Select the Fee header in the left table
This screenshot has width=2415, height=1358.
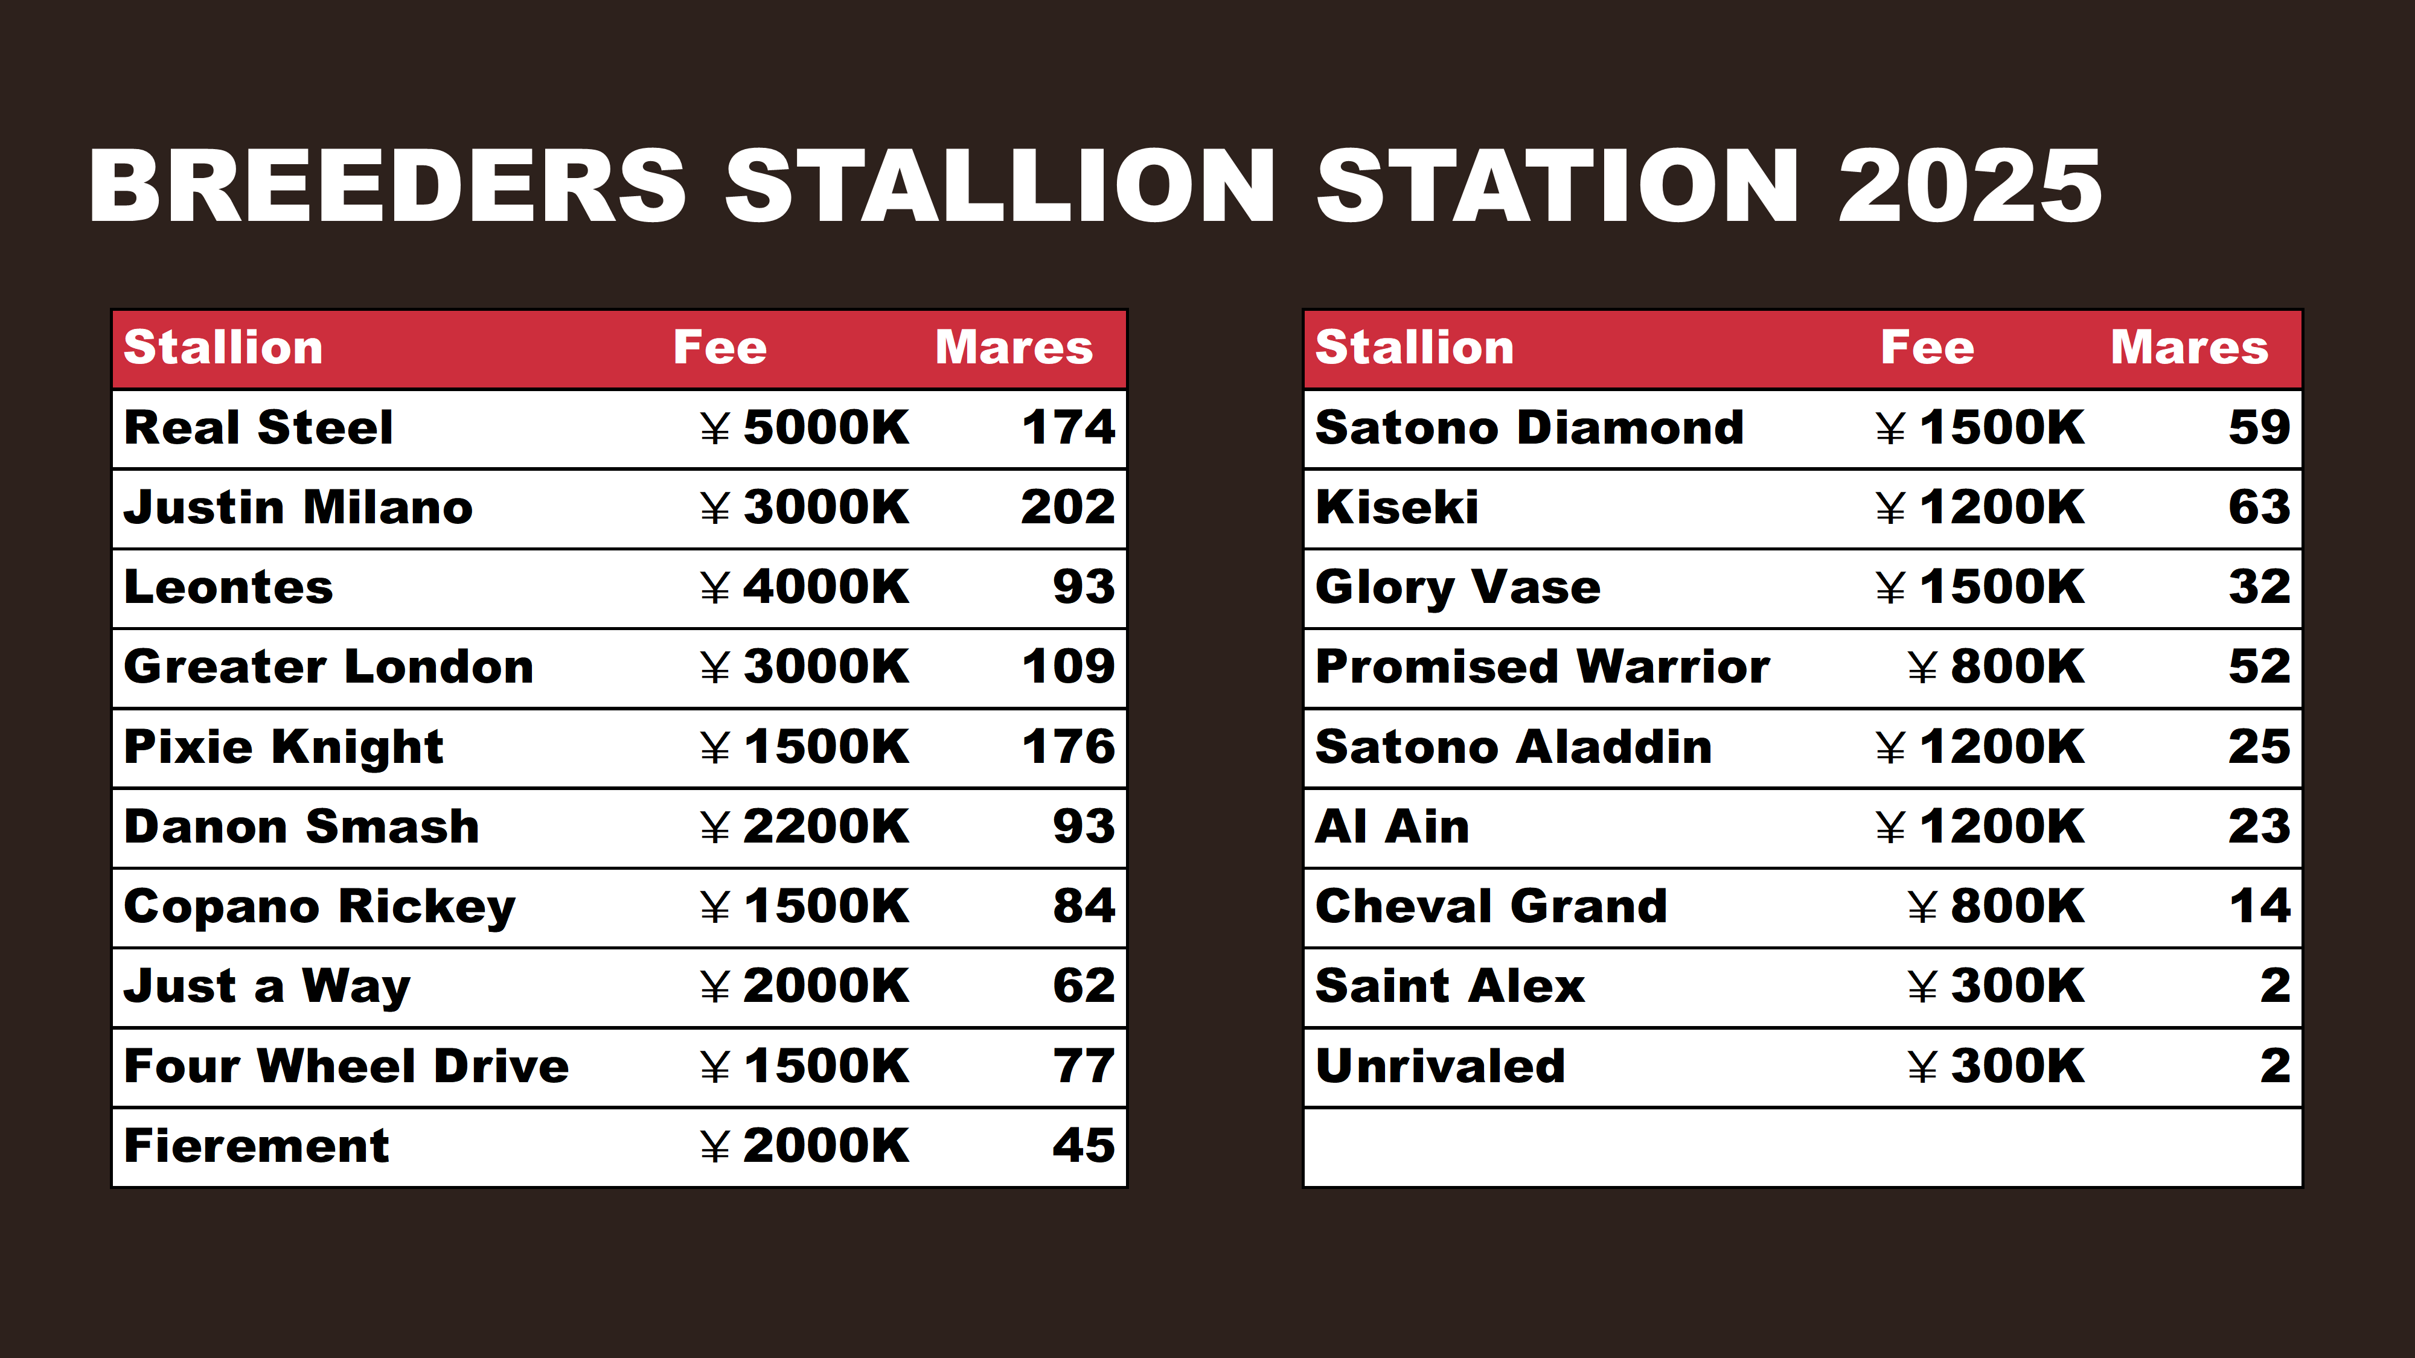point(720,348)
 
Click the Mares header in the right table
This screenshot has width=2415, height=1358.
point(2189,348)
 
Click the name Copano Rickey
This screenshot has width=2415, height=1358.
point(320,907)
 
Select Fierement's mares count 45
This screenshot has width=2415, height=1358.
point(1084,1146)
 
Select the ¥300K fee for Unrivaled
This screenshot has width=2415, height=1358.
point(1996,1066)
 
